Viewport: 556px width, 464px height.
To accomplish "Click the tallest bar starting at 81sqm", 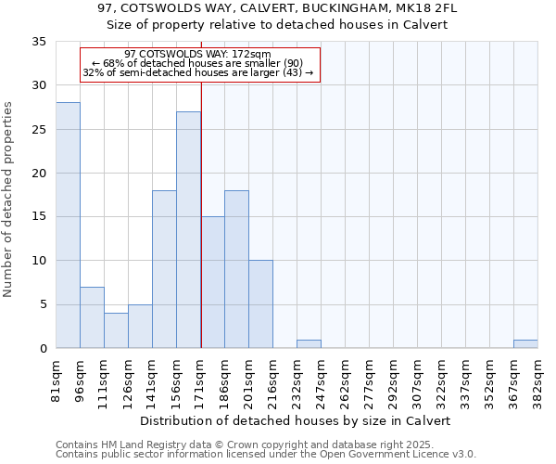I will pyautogui.click(x=68, y=226).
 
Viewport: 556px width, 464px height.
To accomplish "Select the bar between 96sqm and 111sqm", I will pyautogui.click(x=92, y=317).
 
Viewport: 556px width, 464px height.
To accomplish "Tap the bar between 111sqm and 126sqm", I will pyautogui.click(x=116, y=330).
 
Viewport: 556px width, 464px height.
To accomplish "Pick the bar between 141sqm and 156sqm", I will pyautogui.click(x=164, y=269).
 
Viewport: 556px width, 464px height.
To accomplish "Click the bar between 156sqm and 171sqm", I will pyautogui.click(x=188, y=230).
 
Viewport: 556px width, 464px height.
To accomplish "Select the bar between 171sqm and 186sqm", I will pyautogui.click(x=212, y=282).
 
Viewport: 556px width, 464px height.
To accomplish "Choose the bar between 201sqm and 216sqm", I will pyautogui.click(x=260, y=304).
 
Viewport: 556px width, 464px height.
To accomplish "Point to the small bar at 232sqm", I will pyautogui.click(x=309, y=344).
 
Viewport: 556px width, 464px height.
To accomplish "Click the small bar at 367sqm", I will pyautogui.click(x=525, y=344).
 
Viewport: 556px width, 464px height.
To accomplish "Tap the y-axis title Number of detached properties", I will pyautogui.click(x=8, y=200).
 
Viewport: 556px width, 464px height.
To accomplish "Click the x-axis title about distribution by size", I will pyautogui.click(x=297, y=420).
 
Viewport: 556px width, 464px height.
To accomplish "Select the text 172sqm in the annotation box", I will pyautogui.click(x=251, y=55).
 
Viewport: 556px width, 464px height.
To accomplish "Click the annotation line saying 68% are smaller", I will pyautogui.click(x=198, y=63).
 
